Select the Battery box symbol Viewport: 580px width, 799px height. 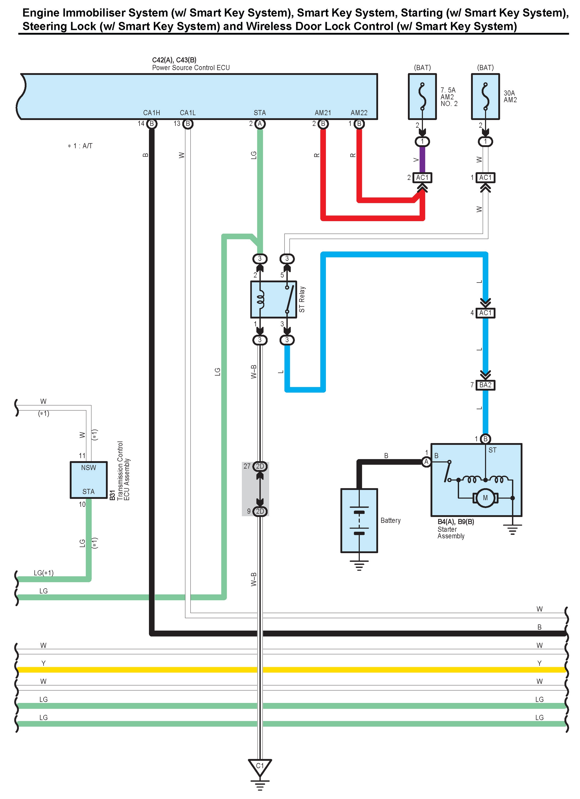click(359, 520)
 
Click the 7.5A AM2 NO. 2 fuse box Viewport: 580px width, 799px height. click(422, 97)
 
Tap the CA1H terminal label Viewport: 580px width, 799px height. click(151, 113)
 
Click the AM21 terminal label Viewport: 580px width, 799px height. click(323, 113)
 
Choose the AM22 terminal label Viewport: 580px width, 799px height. click(359, 113)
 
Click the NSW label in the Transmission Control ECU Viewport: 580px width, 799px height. click(88, 468)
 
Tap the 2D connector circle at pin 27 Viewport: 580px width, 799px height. click(260, 466)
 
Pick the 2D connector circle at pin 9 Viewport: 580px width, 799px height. click(260, 511)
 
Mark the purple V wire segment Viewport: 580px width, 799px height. click(422, 159)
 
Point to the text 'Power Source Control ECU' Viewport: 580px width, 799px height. click(191, 68)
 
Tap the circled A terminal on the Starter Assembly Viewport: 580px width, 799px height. click(426, 461)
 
